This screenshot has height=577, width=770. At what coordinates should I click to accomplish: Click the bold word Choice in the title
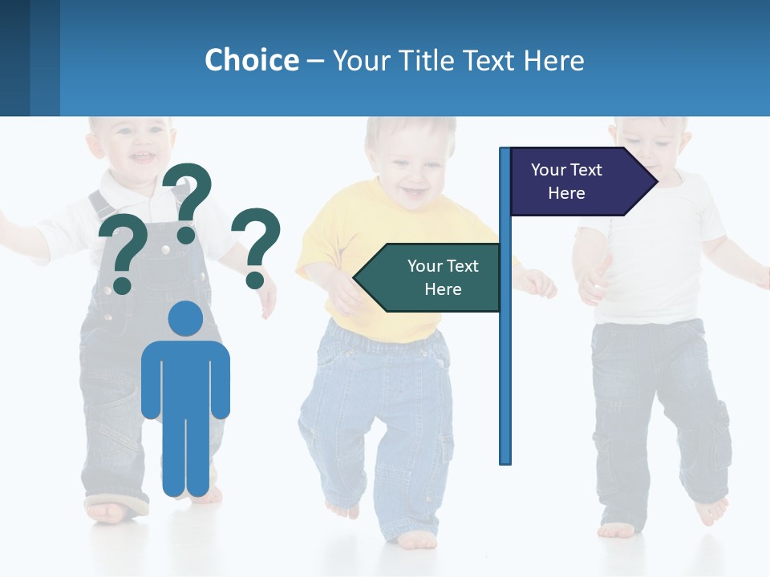[x=251, y=60]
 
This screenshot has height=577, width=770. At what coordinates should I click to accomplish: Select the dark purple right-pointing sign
[x=577, y=181]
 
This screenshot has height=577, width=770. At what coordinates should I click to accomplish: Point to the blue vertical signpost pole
[x=505, y=361]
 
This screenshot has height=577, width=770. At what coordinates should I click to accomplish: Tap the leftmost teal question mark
[x=123, y=253]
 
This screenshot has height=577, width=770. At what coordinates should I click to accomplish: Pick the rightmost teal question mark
[x=257, y=247]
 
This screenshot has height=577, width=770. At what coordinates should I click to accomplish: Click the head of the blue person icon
[x=185, y=319]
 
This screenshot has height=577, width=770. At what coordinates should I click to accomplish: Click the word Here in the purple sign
[x=566, y=193]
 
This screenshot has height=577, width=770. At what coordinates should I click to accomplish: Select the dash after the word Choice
[x=315, y=61]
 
